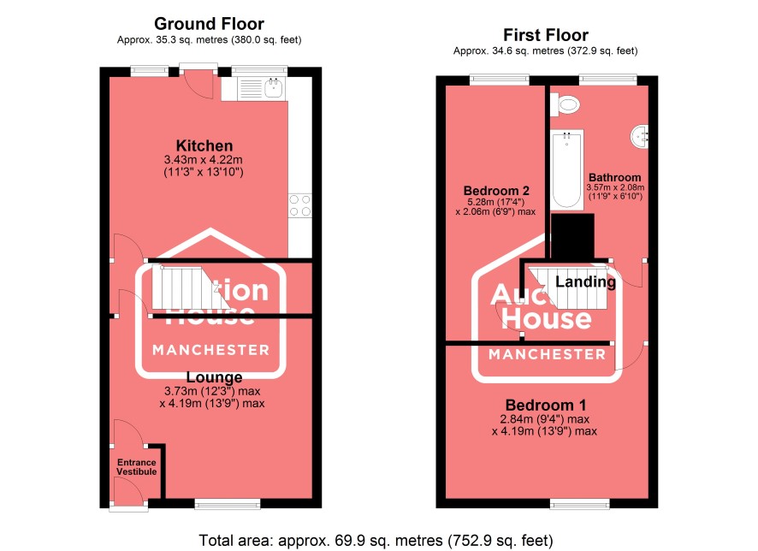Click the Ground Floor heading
tap(209, 24)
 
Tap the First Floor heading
tap(545, 35)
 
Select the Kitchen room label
tap(204, 145)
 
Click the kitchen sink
tap(274, 88)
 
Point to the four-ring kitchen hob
tap(300, 205)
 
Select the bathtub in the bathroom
tap(567, 169)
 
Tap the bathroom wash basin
tap(640, 136)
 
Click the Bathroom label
tap(614, 177)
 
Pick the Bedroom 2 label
tap(496, 191)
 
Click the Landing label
tap(585, 281)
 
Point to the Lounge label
tap(214, 377)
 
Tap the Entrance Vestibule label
tap(136, 467)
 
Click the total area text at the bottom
tap(376, 540)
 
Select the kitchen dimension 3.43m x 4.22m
tap(203, 159)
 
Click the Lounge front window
tap(228, 505)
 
